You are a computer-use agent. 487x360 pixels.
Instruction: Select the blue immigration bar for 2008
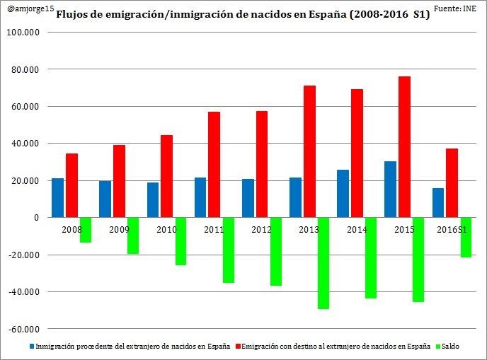(x=58, y=197)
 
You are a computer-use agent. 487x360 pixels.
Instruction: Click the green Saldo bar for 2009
(x=133, y=236)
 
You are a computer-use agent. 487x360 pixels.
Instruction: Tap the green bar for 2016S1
(x=465, y=237)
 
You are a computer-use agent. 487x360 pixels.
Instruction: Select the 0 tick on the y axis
(x=36, y=218)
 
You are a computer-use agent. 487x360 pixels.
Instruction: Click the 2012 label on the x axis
(x=262, y=230)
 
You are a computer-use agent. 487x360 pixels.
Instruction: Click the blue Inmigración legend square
(x=32, y=347)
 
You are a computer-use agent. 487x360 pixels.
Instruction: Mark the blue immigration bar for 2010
(x=153, y=199)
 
